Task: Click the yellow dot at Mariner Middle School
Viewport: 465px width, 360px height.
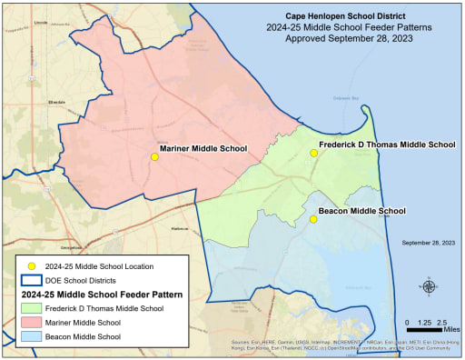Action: point(154,157)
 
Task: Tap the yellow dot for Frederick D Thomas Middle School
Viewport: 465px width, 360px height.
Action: point(313,153)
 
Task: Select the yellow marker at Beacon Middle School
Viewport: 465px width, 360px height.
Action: point(313,219)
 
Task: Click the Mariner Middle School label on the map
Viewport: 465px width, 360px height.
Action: point(203,147)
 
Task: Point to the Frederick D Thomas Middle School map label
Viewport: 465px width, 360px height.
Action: point(387,145)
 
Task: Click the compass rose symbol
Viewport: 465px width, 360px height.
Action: point(429,286)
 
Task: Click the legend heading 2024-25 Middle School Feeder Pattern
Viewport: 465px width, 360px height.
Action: point(102,295)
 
